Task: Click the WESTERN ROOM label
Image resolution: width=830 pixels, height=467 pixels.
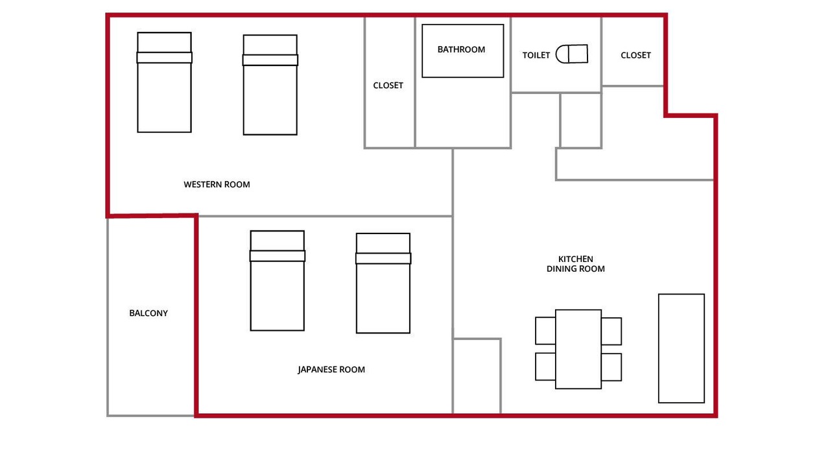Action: [217, 185]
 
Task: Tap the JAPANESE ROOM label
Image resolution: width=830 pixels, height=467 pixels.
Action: [331, 370]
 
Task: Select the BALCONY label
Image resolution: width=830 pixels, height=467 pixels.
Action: [148, 313]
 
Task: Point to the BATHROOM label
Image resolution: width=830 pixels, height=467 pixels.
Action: [461, 50]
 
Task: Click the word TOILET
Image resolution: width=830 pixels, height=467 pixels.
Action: [536, 55]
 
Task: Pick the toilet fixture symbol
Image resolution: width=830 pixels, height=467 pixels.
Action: [572, 54]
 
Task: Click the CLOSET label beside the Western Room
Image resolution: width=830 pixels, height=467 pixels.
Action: [388, 86]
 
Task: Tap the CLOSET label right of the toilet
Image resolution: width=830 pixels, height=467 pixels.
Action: [636, 55]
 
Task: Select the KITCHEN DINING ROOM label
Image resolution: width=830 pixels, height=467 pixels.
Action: [575, 264]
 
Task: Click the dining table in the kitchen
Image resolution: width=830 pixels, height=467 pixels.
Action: [578, 349]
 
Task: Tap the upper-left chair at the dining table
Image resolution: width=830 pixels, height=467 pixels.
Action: [545, 331]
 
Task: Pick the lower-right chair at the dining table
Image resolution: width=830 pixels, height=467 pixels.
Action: [611, 367]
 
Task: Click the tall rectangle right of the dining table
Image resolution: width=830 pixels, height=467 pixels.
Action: [682, 348]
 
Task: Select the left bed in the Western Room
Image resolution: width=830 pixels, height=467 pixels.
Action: [165, 82]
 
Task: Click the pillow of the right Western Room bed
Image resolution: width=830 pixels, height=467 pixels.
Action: [270, 60]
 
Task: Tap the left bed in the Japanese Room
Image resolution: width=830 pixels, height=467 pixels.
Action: [278, 281]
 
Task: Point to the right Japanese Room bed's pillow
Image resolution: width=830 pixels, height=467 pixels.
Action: [383, 258]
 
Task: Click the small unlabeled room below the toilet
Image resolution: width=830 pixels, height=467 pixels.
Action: [580, 121]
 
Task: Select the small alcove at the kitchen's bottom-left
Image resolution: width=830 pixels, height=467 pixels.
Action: [477, 376]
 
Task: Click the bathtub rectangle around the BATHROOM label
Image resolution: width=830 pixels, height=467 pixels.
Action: [463, 51]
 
